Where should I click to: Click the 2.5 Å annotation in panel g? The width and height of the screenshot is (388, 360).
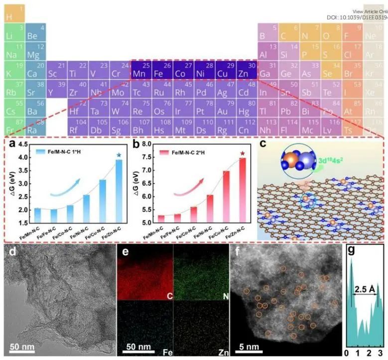365,288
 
